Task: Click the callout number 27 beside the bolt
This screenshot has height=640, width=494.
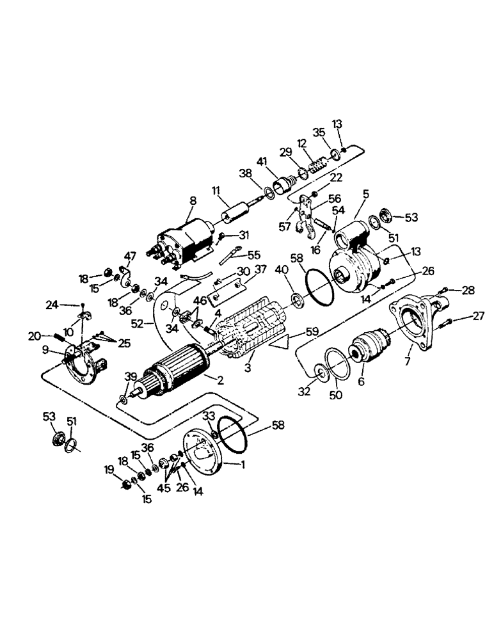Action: coord(478,315)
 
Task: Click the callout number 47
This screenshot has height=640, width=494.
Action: coord(130,256)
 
